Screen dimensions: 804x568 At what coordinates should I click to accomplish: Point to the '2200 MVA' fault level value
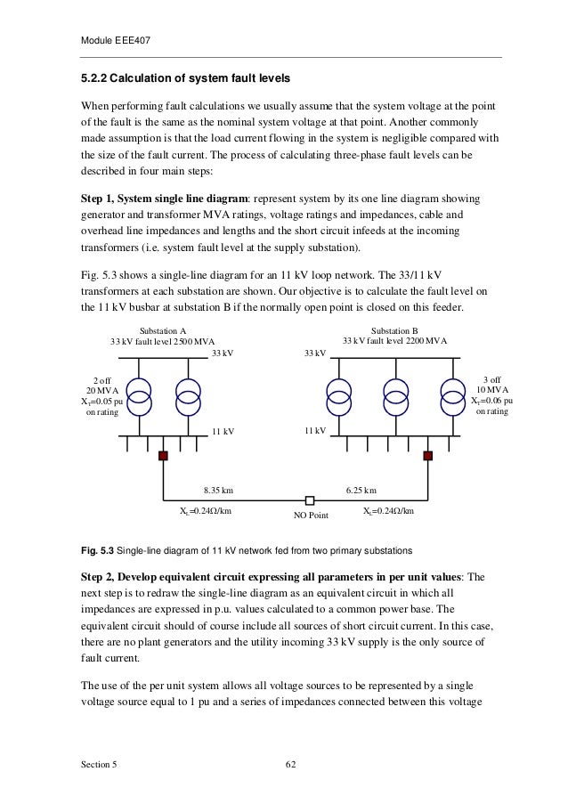427,340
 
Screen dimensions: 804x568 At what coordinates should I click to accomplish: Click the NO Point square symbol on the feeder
309,500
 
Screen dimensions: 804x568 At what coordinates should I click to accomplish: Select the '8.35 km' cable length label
218,489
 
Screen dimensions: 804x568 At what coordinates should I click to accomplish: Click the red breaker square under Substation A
163,456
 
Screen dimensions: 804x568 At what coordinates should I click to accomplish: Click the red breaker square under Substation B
427,456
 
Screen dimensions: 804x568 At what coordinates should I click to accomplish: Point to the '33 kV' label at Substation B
315,353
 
